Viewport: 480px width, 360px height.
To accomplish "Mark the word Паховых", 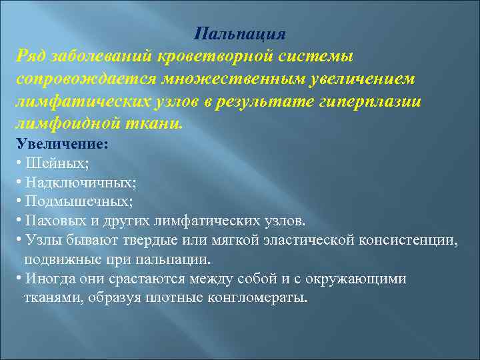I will [51, 220].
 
